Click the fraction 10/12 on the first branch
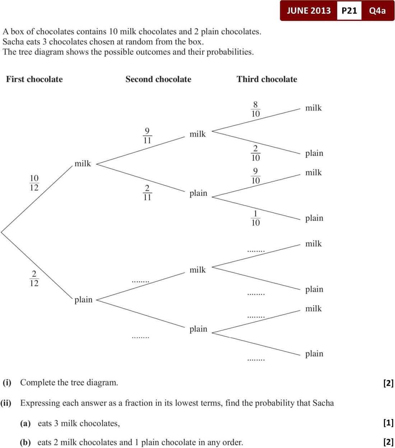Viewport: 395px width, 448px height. click(34, 183)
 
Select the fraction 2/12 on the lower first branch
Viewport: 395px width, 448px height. click(34, 278)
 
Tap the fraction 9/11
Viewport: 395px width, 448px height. click(147, 135)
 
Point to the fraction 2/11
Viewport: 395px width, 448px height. click(147, 192)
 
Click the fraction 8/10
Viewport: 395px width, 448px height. click(255, 109)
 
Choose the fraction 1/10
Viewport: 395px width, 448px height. click(255, 218)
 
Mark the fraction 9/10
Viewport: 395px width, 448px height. click(255, 176)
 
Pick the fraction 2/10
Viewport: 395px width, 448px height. click(255, 153)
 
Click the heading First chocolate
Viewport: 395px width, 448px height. click(34, 79)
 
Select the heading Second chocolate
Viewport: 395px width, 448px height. click(158, 79)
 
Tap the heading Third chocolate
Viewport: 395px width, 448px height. click(267, 79)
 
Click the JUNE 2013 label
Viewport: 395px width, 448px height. click(308, 10)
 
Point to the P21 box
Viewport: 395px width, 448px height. click(349, 10)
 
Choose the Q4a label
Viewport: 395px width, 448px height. click(377, 10)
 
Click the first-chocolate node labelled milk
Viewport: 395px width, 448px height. click(83, 164)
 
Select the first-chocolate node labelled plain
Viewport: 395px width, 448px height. click(83, 300)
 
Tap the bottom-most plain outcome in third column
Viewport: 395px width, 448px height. click(314, 354)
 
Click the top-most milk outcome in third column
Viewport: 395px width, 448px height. click(313, 108)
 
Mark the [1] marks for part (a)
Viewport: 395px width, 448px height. click(389, 422)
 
